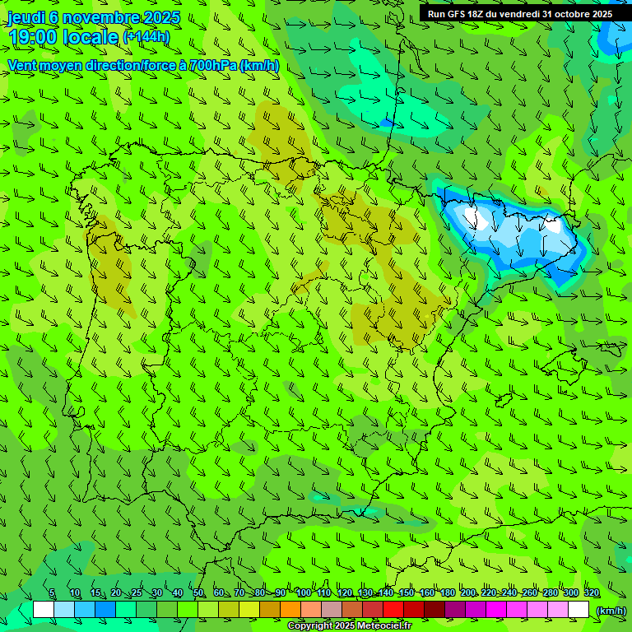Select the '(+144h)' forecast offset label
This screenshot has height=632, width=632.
(146, 37)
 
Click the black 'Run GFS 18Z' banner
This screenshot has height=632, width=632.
(519, 14)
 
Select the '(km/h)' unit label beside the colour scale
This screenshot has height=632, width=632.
(611, 611)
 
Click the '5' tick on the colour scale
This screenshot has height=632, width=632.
(52, 593)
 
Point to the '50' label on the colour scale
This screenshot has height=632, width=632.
(198, 593)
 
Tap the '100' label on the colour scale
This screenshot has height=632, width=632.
(303, 593)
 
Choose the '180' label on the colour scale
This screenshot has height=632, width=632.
(447, 593)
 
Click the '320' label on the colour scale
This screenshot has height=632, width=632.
(592, 593)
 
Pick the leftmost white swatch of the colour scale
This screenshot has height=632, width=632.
(44, 610)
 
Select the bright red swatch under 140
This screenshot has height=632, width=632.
(393, 610)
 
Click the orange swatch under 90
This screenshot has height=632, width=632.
(290, 610)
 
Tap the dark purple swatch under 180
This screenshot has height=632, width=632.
(455, 610)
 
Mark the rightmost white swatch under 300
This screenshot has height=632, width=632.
(579, 610)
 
